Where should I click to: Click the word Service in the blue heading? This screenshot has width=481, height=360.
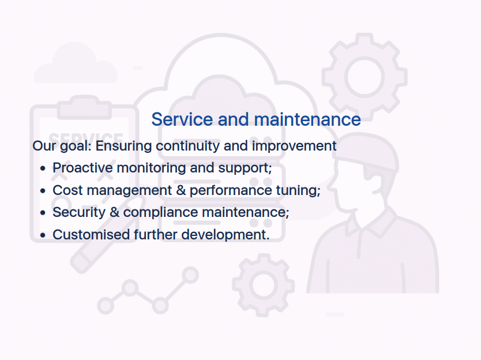[x=182, y=119]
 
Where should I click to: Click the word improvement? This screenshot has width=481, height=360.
[x=294, y=147]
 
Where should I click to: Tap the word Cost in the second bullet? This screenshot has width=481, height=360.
[x=68, y=190]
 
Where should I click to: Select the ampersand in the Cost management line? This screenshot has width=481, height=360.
[x=181, y=190]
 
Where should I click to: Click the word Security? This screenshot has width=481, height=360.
[x=79, y=213]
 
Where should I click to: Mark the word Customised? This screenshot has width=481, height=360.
[x=92, y=235]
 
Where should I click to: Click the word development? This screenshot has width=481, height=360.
[x=226, y=235]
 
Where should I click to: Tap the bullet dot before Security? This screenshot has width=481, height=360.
[x=43, y=213]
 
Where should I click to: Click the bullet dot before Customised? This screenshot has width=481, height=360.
[x=43, y=235]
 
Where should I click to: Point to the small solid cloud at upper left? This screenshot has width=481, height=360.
[x=76, y=63]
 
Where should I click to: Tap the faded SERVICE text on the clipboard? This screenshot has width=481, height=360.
[x=85, y=138]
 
